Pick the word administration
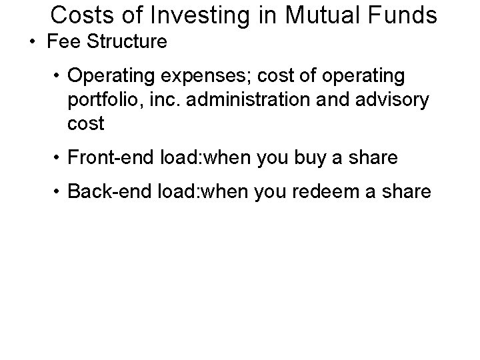pyautogui.click(x=258, y=101)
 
